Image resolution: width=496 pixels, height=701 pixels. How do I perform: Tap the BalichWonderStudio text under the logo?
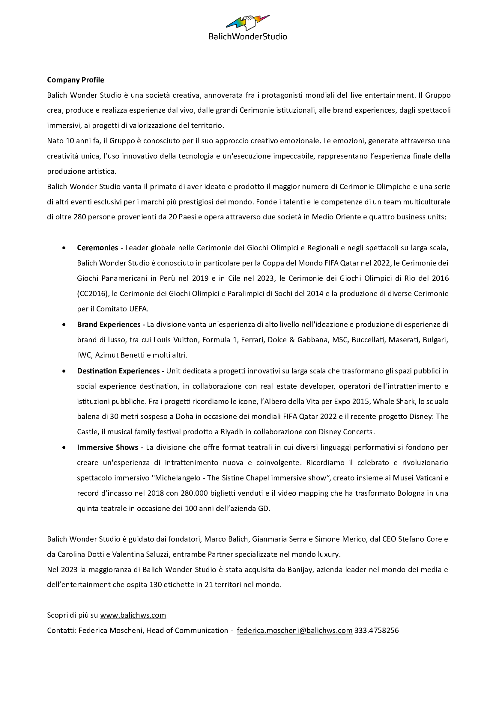248,37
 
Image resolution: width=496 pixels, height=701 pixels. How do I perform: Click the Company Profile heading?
76,80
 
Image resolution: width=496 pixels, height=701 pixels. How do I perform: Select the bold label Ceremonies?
97,248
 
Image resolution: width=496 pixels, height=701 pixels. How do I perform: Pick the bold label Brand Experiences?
109,325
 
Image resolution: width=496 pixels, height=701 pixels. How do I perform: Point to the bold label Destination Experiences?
118,371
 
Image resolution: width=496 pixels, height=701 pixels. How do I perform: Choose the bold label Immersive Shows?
108,447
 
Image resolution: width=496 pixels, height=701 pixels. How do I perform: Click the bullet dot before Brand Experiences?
64,325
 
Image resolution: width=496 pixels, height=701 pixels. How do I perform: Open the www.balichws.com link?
133,615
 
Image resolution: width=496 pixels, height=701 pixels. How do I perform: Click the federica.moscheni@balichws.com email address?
295,631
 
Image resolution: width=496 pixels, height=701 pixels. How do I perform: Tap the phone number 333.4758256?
377,631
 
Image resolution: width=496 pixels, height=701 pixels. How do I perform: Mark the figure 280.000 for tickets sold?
194,493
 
